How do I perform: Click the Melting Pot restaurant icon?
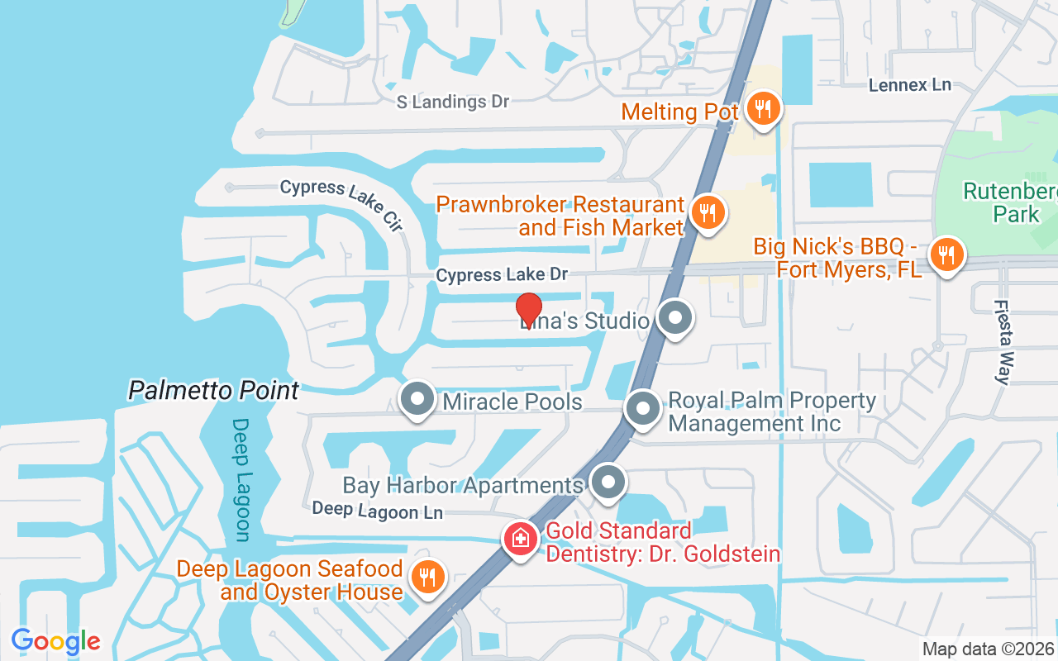[x=762, y=108]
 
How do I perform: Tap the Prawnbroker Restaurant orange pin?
[x=707, y=212]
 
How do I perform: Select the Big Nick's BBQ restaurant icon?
[x=946, y=254]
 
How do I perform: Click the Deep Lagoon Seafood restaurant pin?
[x=427, y=577]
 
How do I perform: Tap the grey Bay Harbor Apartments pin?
[x=609, y=482]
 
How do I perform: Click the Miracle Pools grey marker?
[x=417, y=399]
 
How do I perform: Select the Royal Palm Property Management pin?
[x=642, y=409]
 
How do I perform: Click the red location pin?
[x=529, y=310]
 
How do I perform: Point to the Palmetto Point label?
[x=213, y=390]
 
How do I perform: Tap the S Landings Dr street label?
[x=453, y=102]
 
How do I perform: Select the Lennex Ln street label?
[x=910, y=84]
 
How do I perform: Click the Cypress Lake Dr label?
[x=502, y=274]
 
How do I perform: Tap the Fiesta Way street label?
[x=1003, y=341]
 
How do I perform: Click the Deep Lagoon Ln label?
[x=377, y=511]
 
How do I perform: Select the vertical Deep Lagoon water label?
[x=241, y=479]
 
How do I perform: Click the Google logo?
[x=55, y=641]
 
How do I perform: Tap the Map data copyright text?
[x=989, y=649]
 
